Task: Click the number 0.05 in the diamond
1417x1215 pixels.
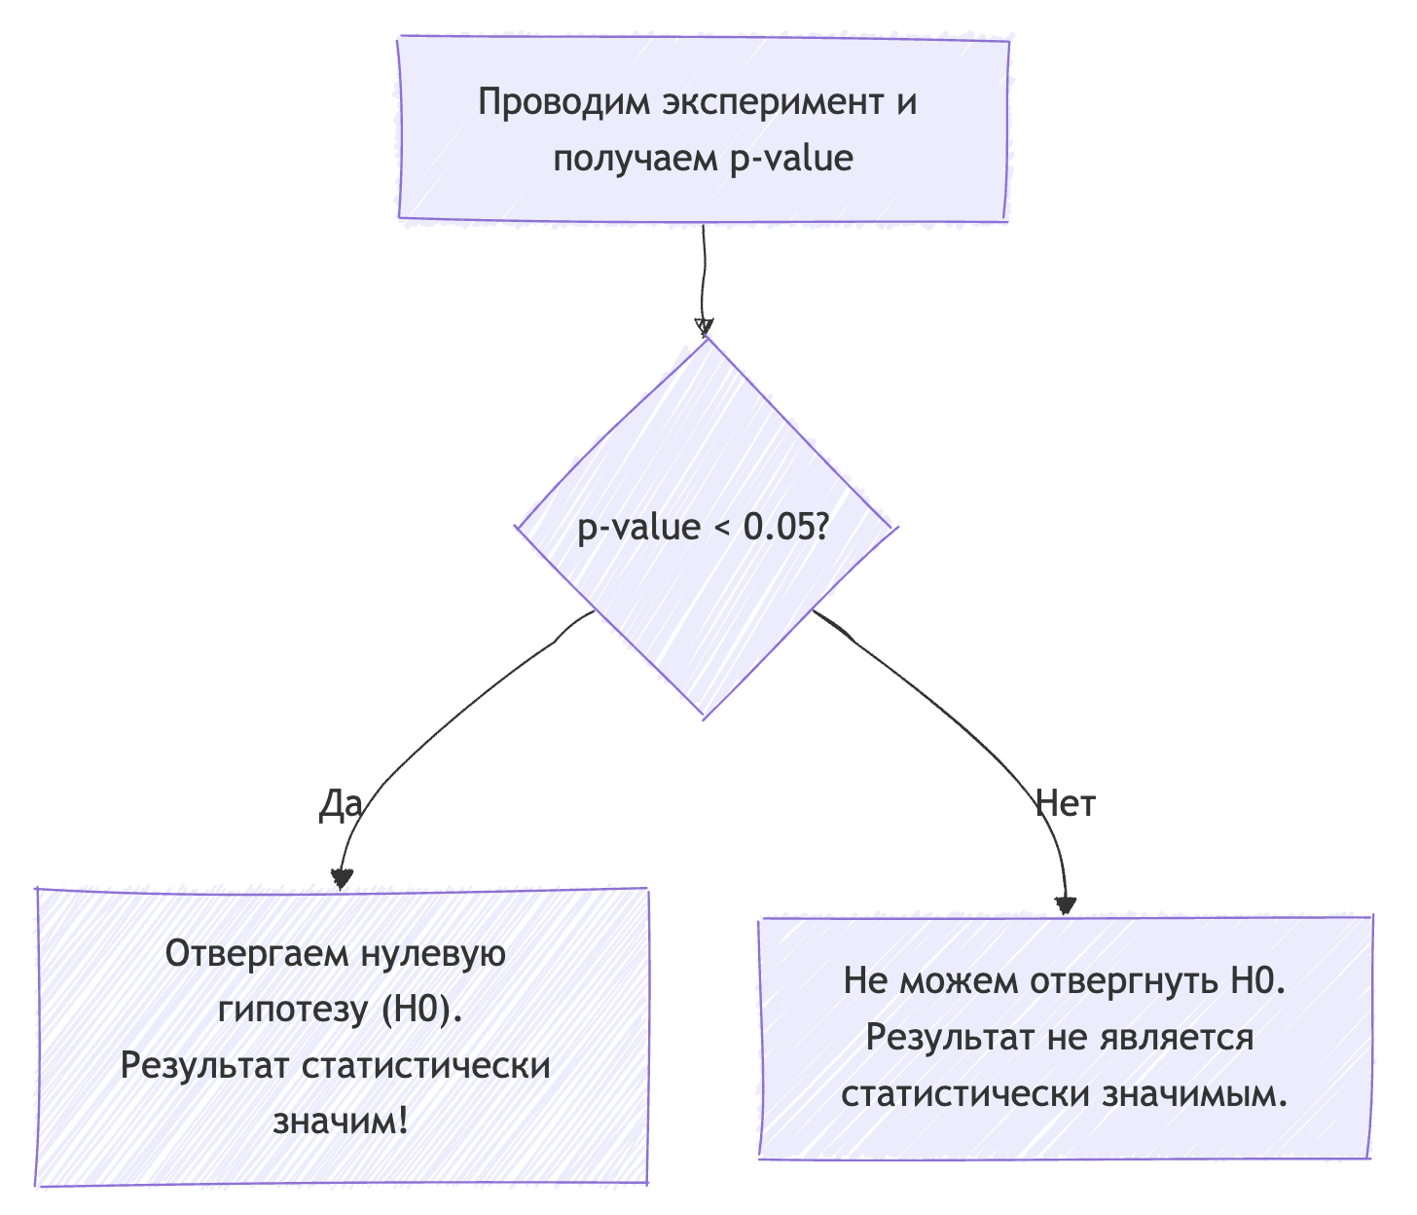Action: click(x=778, y=527)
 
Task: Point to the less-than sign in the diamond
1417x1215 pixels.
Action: click(x=721, y=529)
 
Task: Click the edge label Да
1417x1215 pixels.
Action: click(x=341, y=805)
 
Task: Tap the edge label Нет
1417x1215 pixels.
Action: click(x=1066, y=804)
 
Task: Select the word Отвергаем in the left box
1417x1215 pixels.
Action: click(x=257, y=953)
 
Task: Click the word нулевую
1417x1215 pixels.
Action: click(x=433, y=953)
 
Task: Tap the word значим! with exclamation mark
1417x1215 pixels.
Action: click(x=340, y=1122)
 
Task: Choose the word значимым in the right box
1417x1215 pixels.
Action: click(x=1195, y=1093)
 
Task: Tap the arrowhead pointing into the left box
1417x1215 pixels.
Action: click(x=341, y=878)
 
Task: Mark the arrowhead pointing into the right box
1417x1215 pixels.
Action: click(x=1067, y=904)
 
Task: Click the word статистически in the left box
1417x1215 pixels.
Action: click(x=426, y=1065)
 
